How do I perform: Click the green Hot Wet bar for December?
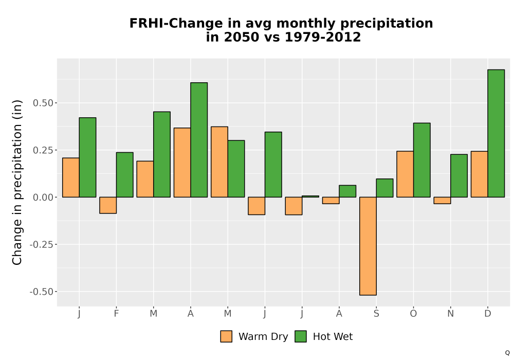496,133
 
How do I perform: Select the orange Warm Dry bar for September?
368,246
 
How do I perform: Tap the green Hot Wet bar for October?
422,160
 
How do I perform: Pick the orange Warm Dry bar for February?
108,205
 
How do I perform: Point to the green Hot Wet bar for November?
459,176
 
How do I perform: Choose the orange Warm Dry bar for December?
479,174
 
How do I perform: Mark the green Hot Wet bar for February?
124,175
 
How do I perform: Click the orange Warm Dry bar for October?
405,174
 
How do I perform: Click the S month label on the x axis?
376,314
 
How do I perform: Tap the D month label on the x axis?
488,314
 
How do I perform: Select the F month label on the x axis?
116,314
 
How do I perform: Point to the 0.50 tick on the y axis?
55,103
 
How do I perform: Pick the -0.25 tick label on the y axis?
41,245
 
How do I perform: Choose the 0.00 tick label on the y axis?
43,197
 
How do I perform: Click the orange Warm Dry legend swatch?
226,336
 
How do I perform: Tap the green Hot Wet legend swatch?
301,336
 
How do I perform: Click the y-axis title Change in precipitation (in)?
17,182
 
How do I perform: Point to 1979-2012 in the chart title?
323,37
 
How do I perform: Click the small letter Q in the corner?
507,353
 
